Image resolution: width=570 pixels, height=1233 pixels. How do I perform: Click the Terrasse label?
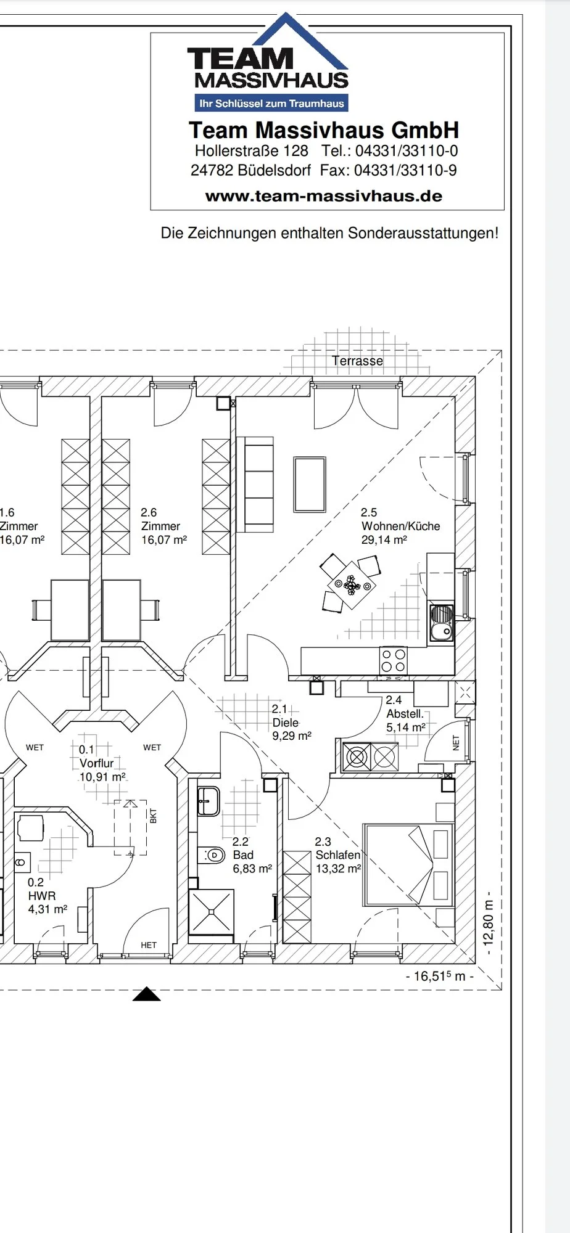357,361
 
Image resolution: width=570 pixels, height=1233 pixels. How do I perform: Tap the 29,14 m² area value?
384,540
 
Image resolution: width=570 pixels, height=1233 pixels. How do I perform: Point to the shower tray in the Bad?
212,912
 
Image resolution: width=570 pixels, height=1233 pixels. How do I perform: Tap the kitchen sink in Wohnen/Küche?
441,623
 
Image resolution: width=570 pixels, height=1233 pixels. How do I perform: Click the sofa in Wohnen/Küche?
259,483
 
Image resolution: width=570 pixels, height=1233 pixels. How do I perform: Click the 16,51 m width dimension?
440,976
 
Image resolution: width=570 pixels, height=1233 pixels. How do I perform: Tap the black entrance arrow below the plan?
147,994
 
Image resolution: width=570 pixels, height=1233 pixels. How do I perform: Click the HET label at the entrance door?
149,945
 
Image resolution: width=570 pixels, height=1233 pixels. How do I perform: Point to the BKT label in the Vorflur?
154,816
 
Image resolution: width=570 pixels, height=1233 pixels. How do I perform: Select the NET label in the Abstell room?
456,743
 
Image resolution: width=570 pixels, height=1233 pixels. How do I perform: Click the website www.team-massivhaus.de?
324,196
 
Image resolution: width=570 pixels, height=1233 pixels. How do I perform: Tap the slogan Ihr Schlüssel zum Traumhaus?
271,104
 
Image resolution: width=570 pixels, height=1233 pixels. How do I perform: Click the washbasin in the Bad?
208,800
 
